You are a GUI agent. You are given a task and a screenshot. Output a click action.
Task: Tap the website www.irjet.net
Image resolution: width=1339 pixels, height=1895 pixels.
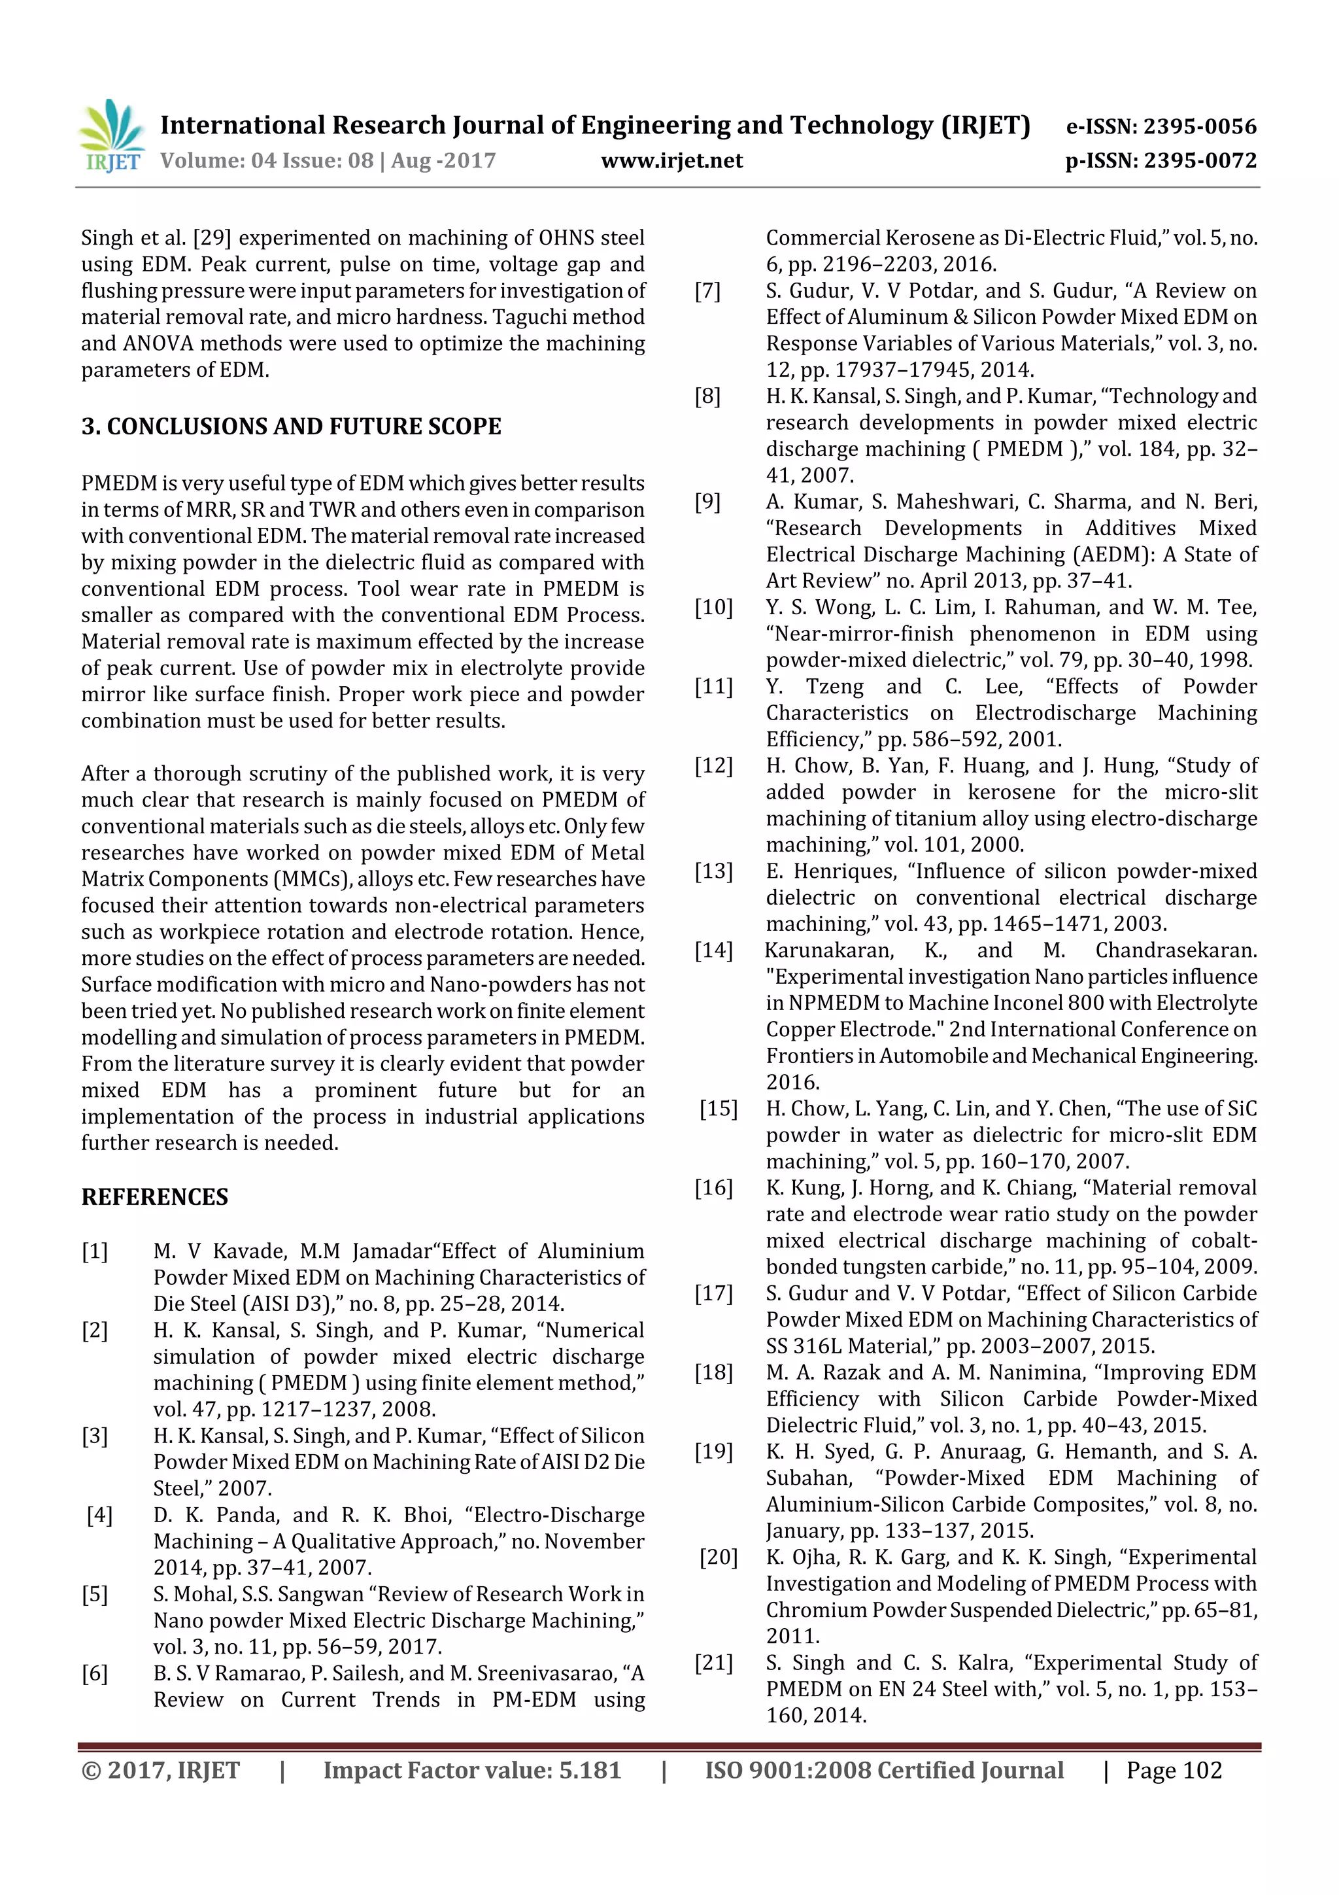[x=671, y=161]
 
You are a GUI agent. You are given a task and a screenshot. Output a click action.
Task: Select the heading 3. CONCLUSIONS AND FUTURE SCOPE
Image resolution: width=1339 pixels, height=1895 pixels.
[x=291, y=426]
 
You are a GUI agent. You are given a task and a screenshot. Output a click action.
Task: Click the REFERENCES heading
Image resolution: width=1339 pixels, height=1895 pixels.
[x=154, y=1197]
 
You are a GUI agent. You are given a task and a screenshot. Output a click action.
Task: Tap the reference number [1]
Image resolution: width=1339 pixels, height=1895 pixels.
[x=94, y=1251]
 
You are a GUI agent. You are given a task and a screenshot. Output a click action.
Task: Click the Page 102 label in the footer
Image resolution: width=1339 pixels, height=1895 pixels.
[x=1174, y=1770]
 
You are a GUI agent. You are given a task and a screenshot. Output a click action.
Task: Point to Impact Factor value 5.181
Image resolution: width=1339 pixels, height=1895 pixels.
[x=472, y=1770]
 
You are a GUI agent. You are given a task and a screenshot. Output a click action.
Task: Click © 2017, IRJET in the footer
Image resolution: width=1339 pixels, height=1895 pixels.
[x=160, y=1770]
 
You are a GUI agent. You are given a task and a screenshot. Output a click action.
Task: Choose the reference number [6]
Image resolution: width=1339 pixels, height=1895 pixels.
[x=94, y=1673]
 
